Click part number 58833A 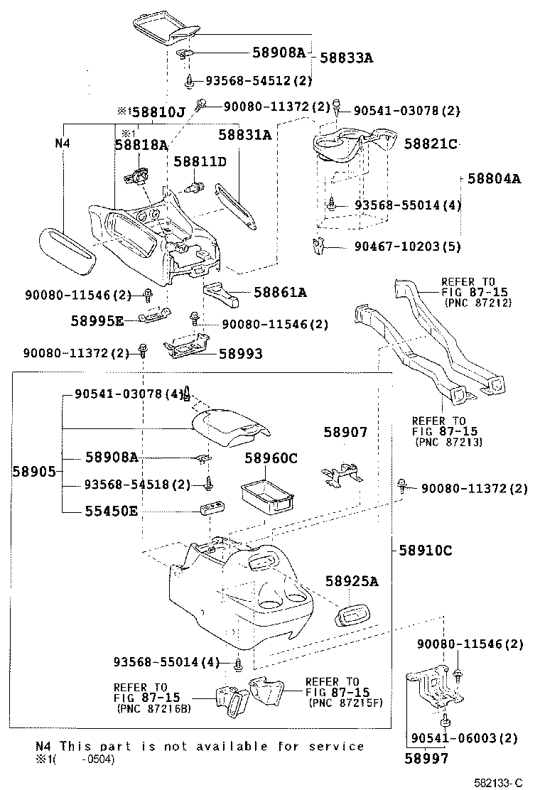tap(346, 58)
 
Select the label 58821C tap(430, 144)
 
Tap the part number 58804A tap(494, 179)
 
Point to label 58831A tap(244, 134)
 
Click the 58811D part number tap(200, 162)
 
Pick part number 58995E tap(97, 321)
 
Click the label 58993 tap(240, 353)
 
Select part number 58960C tap(271, 458)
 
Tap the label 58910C tap(426, 551)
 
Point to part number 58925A tap(352, 582)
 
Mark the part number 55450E tap(112, 510)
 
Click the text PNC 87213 tap(448, 442)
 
